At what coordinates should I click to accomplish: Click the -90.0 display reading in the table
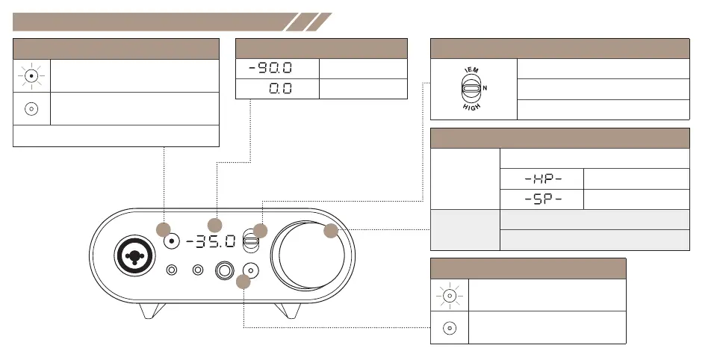(270, 69)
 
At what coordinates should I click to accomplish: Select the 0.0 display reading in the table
(280, 89)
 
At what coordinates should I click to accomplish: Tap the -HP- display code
(543, 179)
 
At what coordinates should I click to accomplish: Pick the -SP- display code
(543, 199)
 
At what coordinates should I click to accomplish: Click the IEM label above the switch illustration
(471, 70)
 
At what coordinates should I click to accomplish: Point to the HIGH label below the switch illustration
(471, 107)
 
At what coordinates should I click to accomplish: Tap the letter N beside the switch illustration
(485, 87)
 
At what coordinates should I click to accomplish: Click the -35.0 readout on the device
(211, 241)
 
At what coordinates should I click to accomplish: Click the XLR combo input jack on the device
(134, 256)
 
